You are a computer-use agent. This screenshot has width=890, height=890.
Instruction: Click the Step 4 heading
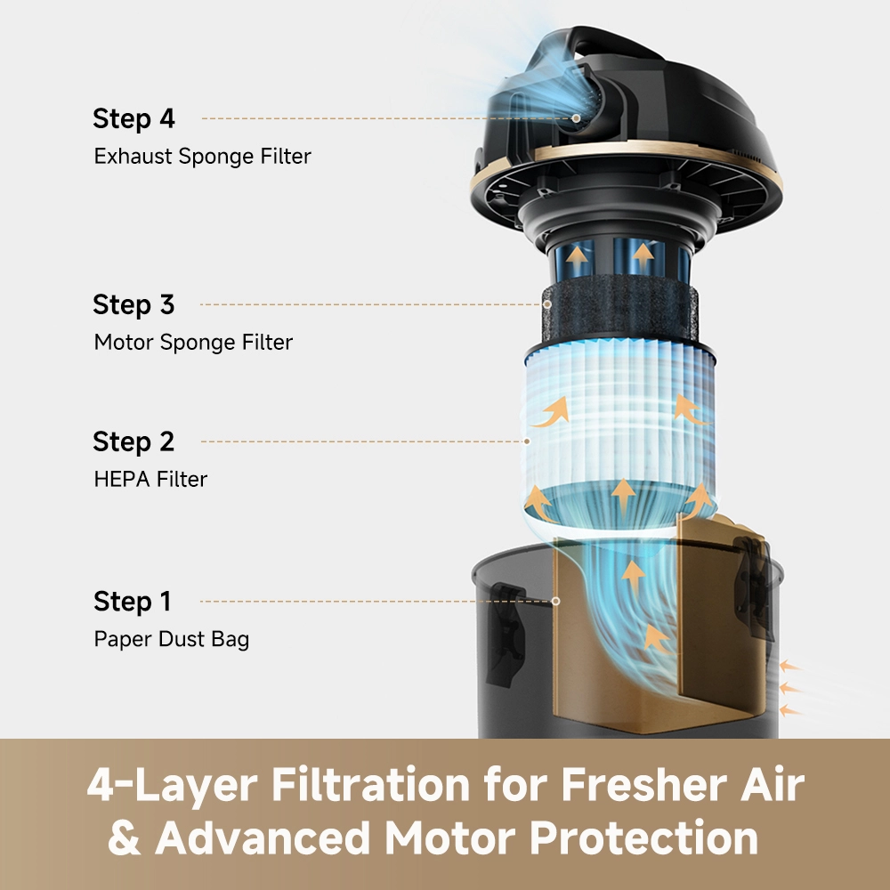(x=134, y=118)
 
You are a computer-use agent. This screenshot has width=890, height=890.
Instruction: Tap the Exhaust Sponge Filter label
(x=203, y=156)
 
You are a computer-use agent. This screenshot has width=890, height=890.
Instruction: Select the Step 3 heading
(x=134, y=304)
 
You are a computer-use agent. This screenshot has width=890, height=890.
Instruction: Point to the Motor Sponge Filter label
(x=193, y=343)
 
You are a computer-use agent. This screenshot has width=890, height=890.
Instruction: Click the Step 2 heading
(x=134, y=441)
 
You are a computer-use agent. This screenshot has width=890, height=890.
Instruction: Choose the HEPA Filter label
(x=151, y=480)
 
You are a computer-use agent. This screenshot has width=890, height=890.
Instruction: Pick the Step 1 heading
(x=133, y=602)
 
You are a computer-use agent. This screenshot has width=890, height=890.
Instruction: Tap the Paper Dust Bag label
(x=172, y=639)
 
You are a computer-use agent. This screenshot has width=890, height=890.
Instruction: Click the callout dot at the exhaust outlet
(x=576, y=118)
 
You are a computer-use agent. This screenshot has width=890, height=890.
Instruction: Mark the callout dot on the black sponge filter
(x=547, y=304)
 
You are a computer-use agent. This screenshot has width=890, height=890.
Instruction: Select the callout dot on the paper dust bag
(x=556, y=601)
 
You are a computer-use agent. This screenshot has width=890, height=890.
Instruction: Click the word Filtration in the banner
(x=371, y=784)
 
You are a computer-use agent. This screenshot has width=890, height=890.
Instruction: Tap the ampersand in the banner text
(x=125, y=837)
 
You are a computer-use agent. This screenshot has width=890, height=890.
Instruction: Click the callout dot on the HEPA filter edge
(x=527, y=441)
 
